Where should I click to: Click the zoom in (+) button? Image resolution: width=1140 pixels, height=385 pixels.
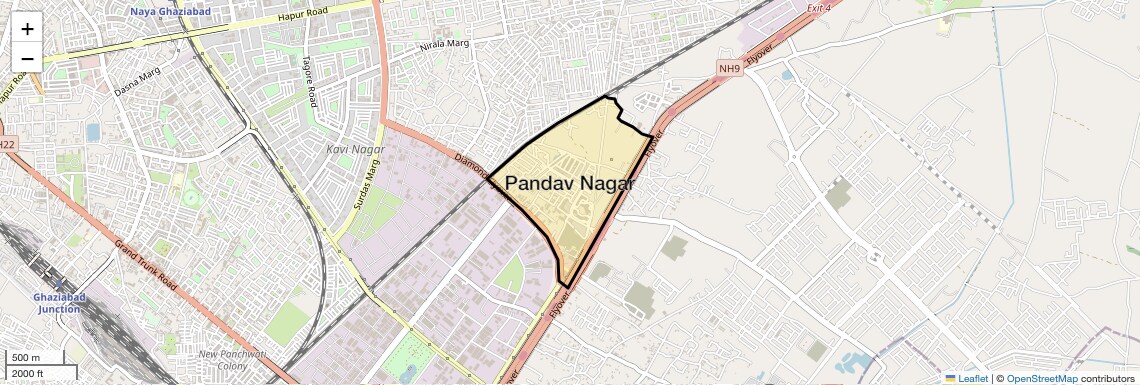pos(27,29)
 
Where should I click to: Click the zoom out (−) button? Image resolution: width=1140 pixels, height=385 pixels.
pos(27,59)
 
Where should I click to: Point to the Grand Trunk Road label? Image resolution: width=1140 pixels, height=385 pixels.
pos(145,264)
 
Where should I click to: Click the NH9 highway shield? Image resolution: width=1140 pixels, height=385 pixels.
pos(730,68)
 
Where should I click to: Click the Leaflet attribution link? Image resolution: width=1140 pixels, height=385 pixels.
pos(966,378)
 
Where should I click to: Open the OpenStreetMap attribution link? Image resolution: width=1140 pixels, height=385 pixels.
pos(1041,378)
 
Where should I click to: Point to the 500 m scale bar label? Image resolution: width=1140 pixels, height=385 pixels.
pos(26,358)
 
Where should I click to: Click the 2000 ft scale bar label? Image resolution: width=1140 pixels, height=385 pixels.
pos(28,374)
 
